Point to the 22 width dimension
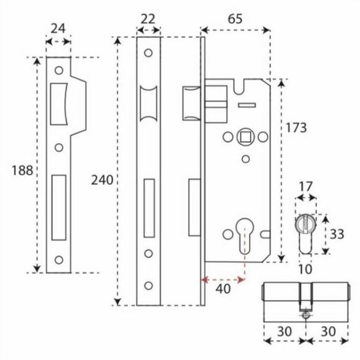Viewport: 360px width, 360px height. (148, 19)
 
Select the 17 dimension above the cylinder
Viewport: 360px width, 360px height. (305, 186)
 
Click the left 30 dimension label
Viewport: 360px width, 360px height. (285, 331)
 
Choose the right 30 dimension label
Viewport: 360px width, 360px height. (328, 331)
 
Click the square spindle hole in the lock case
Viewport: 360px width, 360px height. (245, 137)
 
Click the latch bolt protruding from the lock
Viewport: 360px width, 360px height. (191, 104)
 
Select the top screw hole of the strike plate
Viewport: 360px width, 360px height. (58, 70)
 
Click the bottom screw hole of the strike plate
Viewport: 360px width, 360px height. (58, 260)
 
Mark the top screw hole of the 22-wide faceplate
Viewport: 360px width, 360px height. (148, 53)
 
